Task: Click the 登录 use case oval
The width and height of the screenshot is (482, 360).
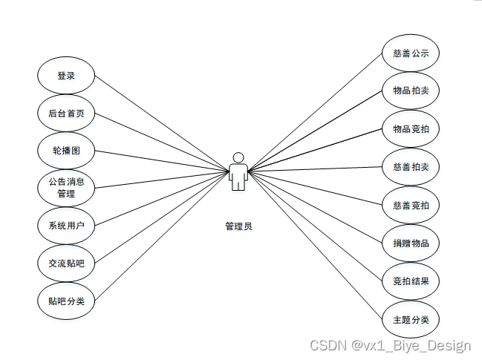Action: click(x=66, y=76)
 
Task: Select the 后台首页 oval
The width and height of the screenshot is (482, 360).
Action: click(x=66, y=114)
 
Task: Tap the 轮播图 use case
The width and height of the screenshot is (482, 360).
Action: click(x=66, y=151)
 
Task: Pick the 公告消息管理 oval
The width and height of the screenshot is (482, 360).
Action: click(x=66, y=188)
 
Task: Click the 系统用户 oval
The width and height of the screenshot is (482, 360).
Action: click(x=66, y=226)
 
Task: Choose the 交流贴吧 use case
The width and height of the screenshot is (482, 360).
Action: click(x=66, y=263)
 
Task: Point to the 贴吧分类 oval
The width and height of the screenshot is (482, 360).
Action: click(x=66, y=301)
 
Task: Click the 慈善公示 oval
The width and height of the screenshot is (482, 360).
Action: click(x=411, y=53)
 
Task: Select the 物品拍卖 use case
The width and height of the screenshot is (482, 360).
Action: click(x=411, y=91)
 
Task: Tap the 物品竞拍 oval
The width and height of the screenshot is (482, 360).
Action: click(x=411, y=129)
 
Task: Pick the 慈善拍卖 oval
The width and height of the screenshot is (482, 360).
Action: click(x=411, y=167)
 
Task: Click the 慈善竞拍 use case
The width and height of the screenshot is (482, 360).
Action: click(x=411, y=205)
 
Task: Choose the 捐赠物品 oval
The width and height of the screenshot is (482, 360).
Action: click(x=411, y=243)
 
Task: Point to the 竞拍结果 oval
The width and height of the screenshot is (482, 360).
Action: click(x=411, y=281)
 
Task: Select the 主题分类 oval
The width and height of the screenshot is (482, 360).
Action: click(x=411, y=320)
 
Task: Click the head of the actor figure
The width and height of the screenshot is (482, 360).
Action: click(x=238, y=157)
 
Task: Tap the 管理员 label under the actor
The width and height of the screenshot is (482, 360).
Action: click(x=238, y=226)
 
